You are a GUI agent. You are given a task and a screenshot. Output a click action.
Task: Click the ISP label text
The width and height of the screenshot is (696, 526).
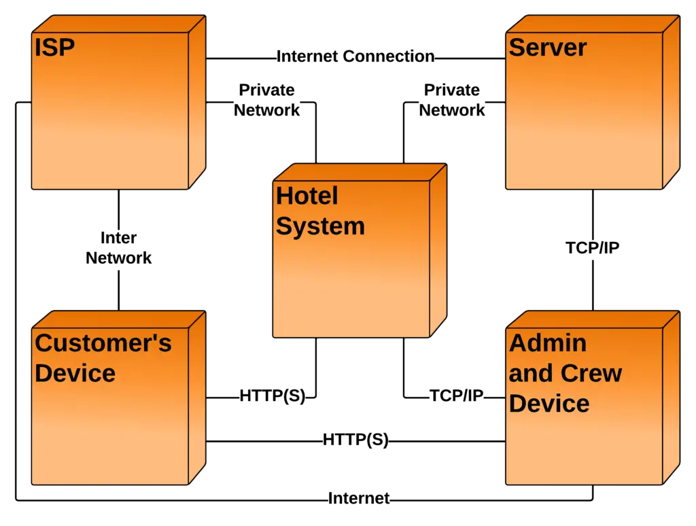(x=54, y=48)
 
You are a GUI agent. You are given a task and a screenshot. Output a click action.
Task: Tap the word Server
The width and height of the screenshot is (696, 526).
(x=547, y=48)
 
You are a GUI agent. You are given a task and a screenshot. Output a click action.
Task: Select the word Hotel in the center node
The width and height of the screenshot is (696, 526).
(x=307, y=196)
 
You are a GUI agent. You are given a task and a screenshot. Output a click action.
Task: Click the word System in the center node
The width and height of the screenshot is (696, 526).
(x=320, y=226)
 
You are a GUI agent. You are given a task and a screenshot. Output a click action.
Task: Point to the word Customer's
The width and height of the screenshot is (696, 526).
(x=103, y=344)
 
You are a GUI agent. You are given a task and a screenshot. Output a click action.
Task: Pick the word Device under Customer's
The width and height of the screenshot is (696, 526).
(x=75, y=373)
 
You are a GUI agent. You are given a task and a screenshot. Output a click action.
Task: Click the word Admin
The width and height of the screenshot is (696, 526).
(x=547, y=343)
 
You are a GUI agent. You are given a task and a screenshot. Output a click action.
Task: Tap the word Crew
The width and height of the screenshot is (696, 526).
(x=591, y=373)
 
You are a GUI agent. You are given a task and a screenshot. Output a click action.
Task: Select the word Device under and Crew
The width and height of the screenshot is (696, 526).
(x=549, y=403)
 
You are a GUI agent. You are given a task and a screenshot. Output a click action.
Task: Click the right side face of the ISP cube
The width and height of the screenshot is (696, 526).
(x=196, y=102)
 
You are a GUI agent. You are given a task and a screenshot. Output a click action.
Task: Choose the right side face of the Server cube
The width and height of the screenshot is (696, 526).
(x=671, y=102)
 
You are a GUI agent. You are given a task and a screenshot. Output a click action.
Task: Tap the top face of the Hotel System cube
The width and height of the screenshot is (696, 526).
(x=360, y=172)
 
